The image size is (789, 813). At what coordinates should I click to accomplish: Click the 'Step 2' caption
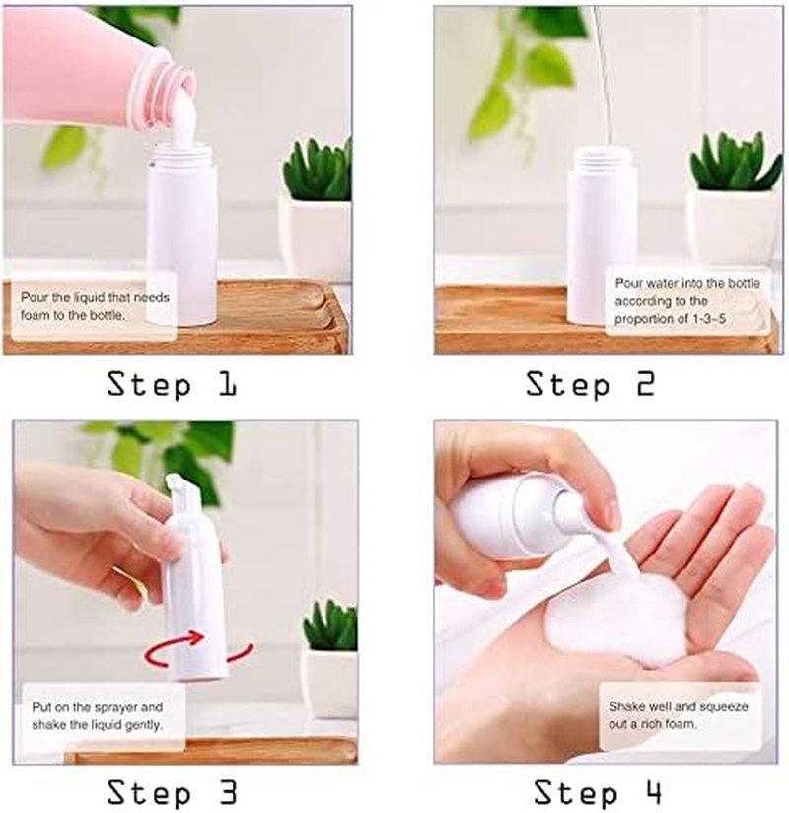pyautogui.click(x=590, y=384)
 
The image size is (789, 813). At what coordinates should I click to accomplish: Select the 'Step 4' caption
pyautogui.click(x=598, y=791)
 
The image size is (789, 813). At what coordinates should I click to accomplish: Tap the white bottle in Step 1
pyautogui.click(x=182, y=242)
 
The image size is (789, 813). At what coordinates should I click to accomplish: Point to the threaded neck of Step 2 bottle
pyautogui.click(x=601, y=158)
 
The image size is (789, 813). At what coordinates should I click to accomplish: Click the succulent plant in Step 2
pyautogui.click(x=734, y=163)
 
